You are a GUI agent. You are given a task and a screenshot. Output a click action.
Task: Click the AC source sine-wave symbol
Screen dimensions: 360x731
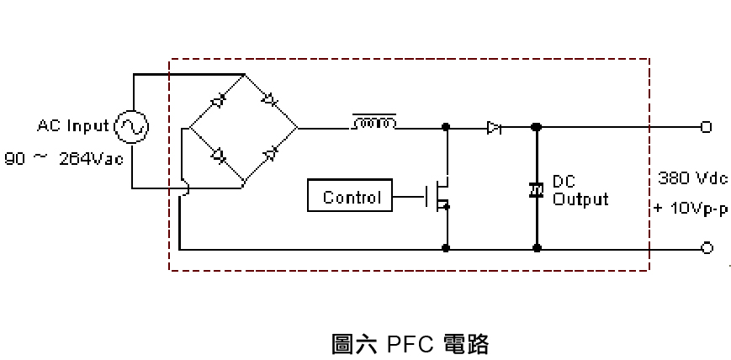point(132,127)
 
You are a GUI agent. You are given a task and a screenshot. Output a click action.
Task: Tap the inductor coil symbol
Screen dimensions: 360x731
point(374,124)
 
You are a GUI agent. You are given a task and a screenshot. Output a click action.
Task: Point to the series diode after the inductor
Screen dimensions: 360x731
point(494,128)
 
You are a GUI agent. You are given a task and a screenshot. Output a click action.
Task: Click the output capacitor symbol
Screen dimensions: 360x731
point(536,190)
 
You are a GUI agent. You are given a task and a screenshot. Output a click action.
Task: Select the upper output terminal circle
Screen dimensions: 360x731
point(706,128)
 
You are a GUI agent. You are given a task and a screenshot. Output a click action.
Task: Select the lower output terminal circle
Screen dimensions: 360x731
point(707,248)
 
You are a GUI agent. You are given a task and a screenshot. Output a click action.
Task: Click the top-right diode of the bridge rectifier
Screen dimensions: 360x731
point(270,100)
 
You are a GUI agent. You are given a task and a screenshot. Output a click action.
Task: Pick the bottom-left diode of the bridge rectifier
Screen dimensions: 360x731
point(217,155)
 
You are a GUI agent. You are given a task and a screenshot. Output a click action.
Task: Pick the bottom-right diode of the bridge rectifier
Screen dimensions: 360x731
point(271,154)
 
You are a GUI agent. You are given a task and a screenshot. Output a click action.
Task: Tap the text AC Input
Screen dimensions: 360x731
point(73,126)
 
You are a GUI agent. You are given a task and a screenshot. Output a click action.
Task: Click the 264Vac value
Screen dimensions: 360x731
point(92,158)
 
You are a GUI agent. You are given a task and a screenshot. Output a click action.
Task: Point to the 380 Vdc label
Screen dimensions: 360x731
point(687,179)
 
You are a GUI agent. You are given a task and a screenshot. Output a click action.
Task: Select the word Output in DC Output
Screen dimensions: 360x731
point(580,199)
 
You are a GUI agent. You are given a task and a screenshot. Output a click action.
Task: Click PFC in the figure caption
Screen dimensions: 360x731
point(410,344)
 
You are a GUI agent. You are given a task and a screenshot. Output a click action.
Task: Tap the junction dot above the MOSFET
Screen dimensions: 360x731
point(446,128)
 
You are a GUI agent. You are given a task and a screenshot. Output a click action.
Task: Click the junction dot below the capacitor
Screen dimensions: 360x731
point(537,248)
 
